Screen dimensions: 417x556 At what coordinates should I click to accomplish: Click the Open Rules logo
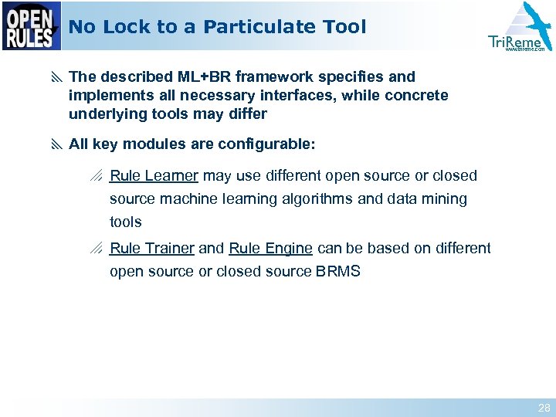pyautogui.click(x=32, y=26)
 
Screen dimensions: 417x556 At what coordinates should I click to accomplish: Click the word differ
pyautogui.click(x=247, y=114)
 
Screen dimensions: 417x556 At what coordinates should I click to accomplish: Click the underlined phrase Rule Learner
pyautogui.click(x=154, y=176)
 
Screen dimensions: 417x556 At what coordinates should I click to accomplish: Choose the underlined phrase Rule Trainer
pyautogui.click(x=152, y=249)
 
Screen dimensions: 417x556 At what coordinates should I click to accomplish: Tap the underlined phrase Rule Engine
pyautogui.click(x=270, y=249)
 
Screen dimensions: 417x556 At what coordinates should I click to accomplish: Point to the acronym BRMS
pyautogui.click(x=338, y=272)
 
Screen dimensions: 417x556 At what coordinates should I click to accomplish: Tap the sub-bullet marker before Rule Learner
pyautogui.click(x=97, y=176)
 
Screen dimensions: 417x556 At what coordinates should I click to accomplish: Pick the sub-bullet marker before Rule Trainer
pyautogui.click(x=97, y=249)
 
